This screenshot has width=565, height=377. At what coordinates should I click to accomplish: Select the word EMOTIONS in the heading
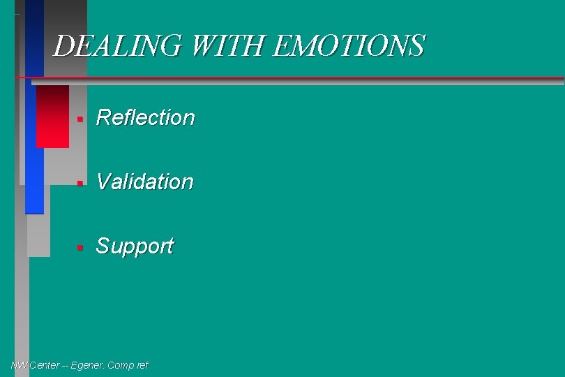click(x=349, y=46)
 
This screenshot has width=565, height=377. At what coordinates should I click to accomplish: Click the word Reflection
click(x=145, y=117)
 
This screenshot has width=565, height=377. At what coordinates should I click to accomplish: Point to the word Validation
click(x=144, y=182)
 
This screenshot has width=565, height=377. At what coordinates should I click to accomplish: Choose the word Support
click(x=134, y=246)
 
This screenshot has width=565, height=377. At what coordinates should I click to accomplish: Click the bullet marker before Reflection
click(x=80, y=119)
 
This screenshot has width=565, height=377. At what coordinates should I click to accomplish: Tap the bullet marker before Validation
click(x=80, y=184)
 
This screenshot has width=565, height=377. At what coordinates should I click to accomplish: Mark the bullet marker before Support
click(x=80, y=248)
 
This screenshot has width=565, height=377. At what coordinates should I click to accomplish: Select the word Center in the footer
click(x=43, y=365)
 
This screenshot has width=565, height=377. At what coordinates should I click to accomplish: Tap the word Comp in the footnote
click(x=122, y=365)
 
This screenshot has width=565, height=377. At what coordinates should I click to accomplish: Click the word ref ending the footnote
click(x=142, y=365)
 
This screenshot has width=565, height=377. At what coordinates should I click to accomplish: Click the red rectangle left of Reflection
click(x=52, y=117)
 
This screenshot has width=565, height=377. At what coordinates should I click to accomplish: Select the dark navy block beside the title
click(x=34, y=35)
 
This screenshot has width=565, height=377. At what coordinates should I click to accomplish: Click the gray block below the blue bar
click(x=38, y=235)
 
